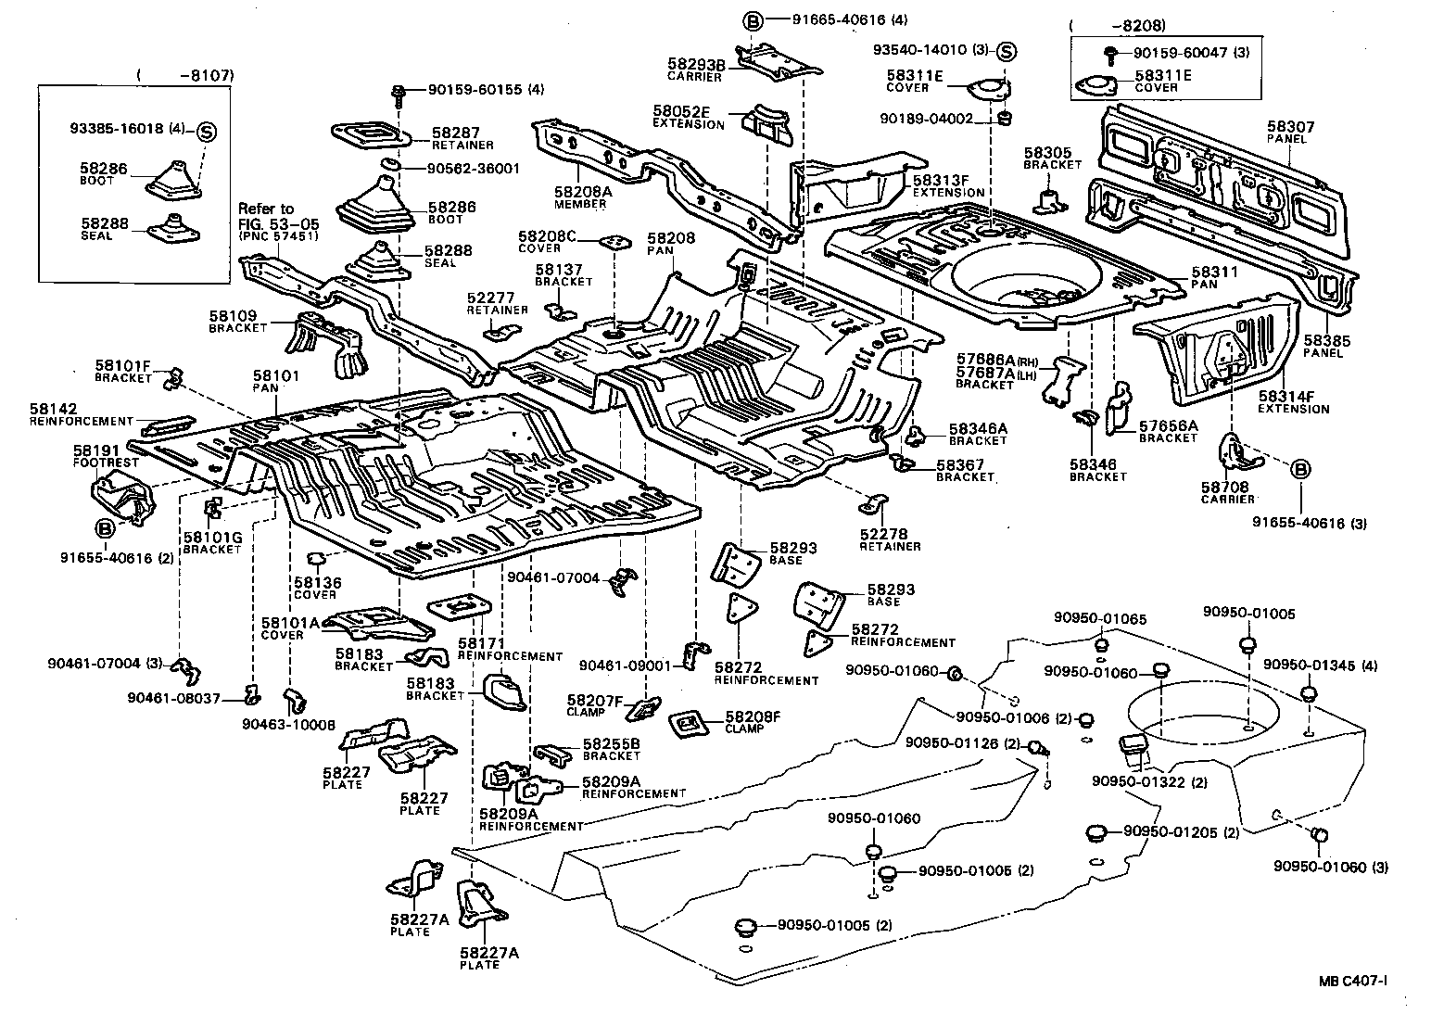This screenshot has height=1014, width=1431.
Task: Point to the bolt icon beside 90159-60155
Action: coord(399,91)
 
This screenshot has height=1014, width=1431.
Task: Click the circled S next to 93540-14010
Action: coord(1007,52)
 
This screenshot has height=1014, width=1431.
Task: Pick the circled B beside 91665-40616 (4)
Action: coord(753,20)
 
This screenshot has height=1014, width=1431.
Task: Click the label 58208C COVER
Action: coord(547,242)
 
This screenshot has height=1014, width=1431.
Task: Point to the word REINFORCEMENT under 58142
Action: coord(82,422)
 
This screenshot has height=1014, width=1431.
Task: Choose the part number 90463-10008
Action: coord(288,724)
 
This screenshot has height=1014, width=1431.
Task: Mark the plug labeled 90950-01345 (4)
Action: coord(1309,694)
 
